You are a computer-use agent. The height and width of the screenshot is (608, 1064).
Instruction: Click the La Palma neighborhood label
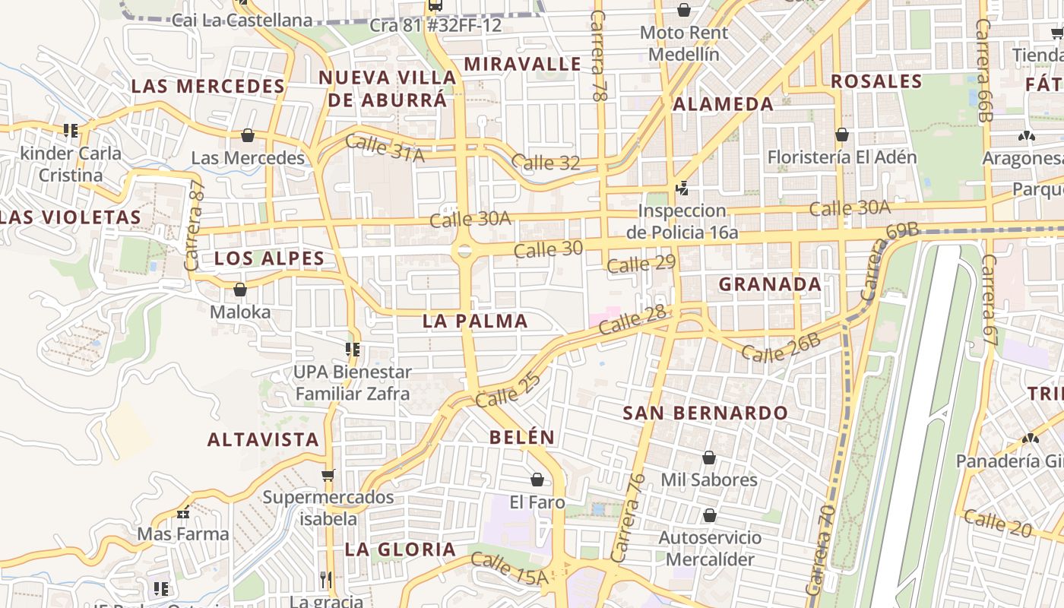pyautogui.click(x=475, y=321)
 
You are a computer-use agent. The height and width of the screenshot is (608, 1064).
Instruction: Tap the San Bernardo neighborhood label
pyautogui.click(x=705, y=413)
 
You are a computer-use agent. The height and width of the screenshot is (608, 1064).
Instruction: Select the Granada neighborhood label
pyautogui.click(x=770, y=284)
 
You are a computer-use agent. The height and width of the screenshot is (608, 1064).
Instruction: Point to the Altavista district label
pyautogui.click(x=263, y=439)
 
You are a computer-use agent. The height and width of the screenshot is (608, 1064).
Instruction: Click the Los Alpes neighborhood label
pyautogui.click(x=269, y=258)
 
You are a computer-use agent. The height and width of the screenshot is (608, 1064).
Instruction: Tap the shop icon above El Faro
pyautogui.click(x=537, y=480)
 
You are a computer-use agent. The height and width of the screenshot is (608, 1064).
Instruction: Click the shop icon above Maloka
pyautogui.click(x=240, y=290)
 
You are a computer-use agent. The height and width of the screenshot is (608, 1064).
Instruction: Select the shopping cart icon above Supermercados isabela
pyautogui.click(x=328, y=475)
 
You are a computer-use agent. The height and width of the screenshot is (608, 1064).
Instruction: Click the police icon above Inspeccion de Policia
pyautogui.click(x=682, y=188)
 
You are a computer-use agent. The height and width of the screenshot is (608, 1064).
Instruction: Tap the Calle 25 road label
pyautogui.click(x=508, y=389)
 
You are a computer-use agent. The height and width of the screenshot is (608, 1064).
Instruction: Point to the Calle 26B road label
pyautogui.click(x=781, y=347)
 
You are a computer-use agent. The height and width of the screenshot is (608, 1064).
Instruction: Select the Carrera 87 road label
pyautogui.click(x=195, y=226)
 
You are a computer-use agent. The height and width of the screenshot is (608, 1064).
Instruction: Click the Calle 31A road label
pyautogui.click(x=385, y=147)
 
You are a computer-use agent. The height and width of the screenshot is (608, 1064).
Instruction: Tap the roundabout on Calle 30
pyautogui.click(x=464, y=250)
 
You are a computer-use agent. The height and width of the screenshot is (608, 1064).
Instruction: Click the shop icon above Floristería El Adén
pyautogui.click(x=841, y=135)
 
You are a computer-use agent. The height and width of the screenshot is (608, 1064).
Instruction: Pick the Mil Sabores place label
pyautogui.click(x=709, y=480)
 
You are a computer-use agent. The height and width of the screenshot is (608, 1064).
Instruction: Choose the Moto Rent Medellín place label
pyautogui.click(x=684, y=43)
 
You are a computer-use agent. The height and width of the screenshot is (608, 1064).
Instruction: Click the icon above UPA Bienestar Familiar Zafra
pyautogui.click(x=353, y=350)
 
